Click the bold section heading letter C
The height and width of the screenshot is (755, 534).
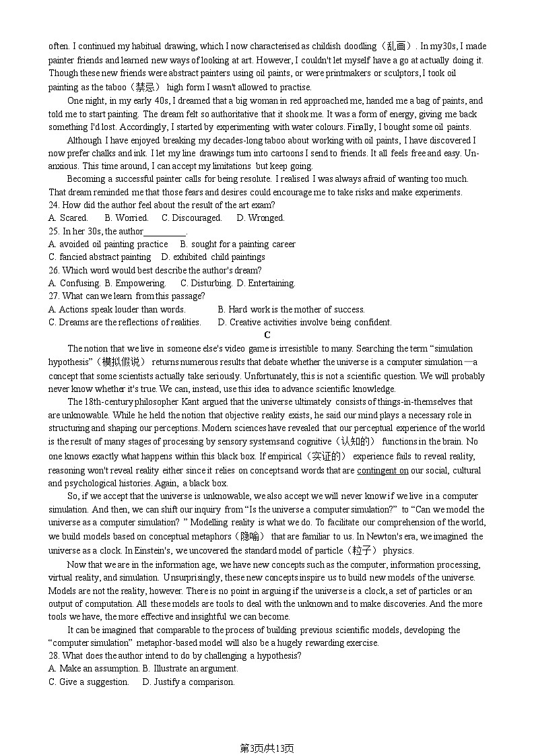[x=267, y=335]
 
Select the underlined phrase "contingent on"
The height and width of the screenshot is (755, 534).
[x=382, y=470]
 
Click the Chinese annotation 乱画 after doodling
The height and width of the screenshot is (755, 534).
[x=397, y=46]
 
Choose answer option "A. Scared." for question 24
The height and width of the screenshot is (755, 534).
[x=68, y=218]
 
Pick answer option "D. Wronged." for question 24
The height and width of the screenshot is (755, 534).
[x=261, y=218]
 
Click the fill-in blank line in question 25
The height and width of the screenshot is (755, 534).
[x=165, y=232]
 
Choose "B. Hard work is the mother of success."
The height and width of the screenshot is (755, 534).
[x=291, y=310]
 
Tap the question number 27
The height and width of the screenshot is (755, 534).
[x=54, y=296]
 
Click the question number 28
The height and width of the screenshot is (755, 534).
[x=54, y=656]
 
